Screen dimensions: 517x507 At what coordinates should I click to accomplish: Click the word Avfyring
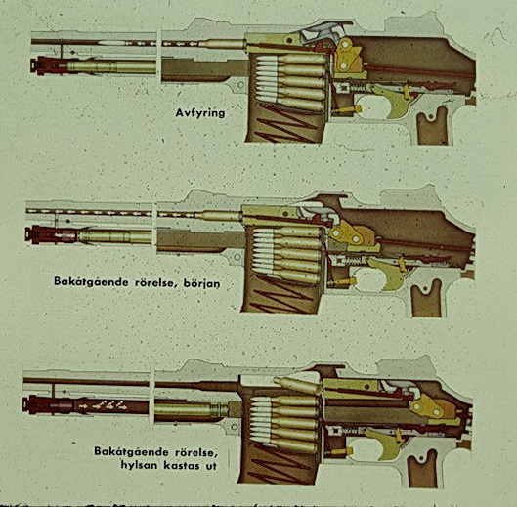200,113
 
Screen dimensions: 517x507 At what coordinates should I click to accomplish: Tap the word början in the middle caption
200,283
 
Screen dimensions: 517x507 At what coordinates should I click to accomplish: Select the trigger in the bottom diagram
384,443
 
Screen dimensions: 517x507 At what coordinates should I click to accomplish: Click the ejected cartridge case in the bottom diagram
296,385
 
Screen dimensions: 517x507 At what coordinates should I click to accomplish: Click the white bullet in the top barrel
111,43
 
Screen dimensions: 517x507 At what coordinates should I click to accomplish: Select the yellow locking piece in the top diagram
348,56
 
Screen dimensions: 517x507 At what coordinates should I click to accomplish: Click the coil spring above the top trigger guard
357,88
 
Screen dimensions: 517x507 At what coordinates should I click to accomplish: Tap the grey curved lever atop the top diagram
322,32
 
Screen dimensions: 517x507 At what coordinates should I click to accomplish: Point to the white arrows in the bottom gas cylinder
103,405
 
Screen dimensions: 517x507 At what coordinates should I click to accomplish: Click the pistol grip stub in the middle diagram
426,298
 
